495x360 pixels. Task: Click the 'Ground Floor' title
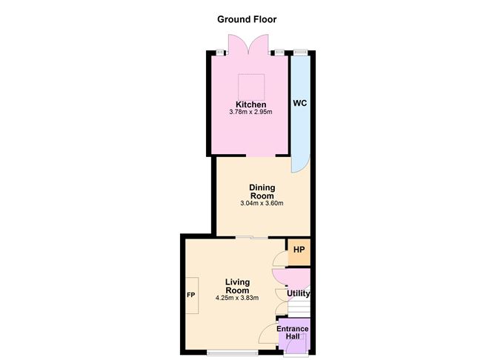247,19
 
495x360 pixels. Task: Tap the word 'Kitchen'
250,104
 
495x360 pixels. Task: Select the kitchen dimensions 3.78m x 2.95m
250,113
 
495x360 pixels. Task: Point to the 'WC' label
299,103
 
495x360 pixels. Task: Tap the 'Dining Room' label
262,191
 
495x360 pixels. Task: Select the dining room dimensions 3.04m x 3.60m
262,204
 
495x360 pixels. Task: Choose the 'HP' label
298,250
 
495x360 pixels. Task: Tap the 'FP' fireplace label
190,295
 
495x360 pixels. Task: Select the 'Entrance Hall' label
293,333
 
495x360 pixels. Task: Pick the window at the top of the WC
299,51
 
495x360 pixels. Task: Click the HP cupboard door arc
279,258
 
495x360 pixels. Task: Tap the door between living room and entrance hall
270,335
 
